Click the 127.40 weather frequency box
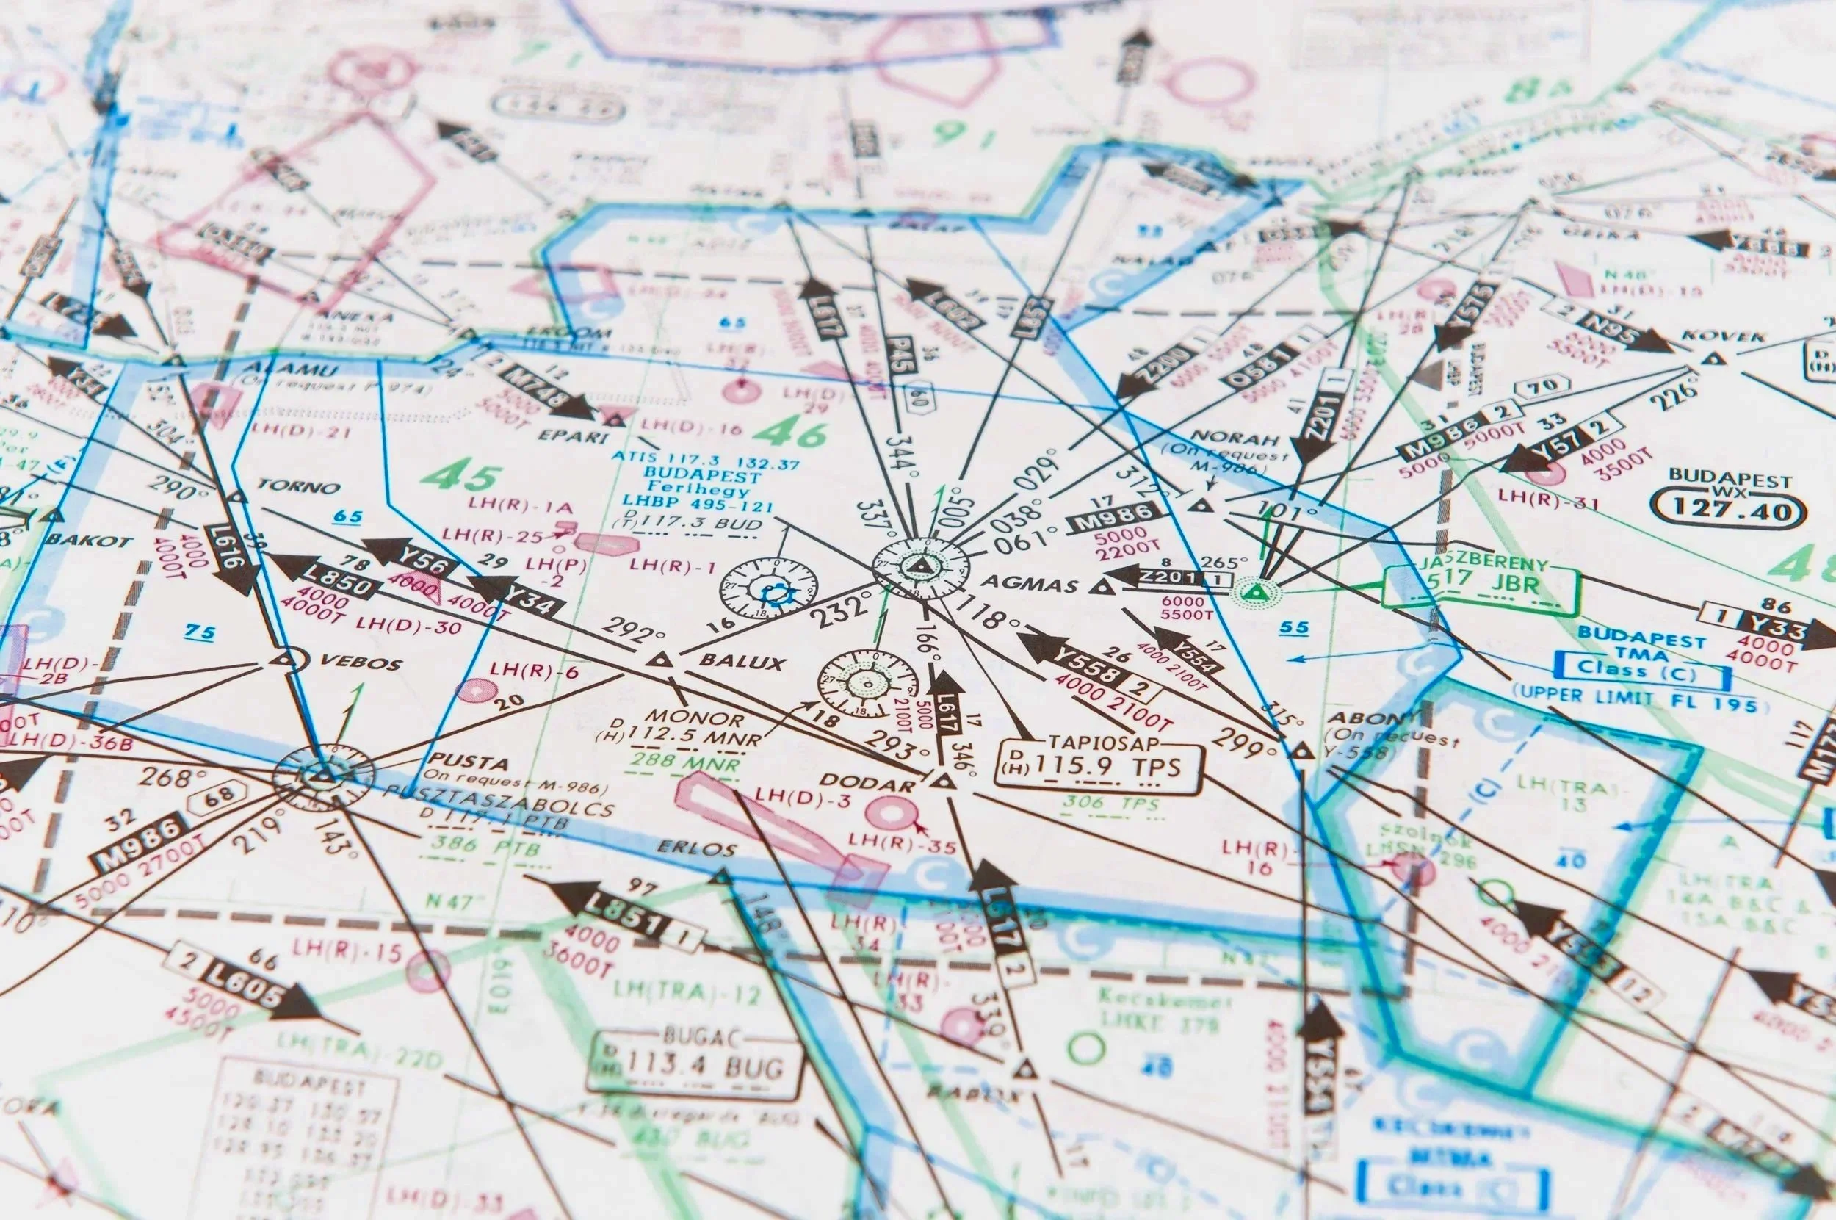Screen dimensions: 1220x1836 click(1726, 510)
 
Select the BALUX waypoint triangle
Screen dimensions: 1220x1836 click(659, 661)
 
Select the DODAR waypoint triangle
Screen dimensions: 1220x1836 click(943, 780)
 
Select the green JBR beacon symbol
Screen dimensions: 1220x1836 click(1251, 593)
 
